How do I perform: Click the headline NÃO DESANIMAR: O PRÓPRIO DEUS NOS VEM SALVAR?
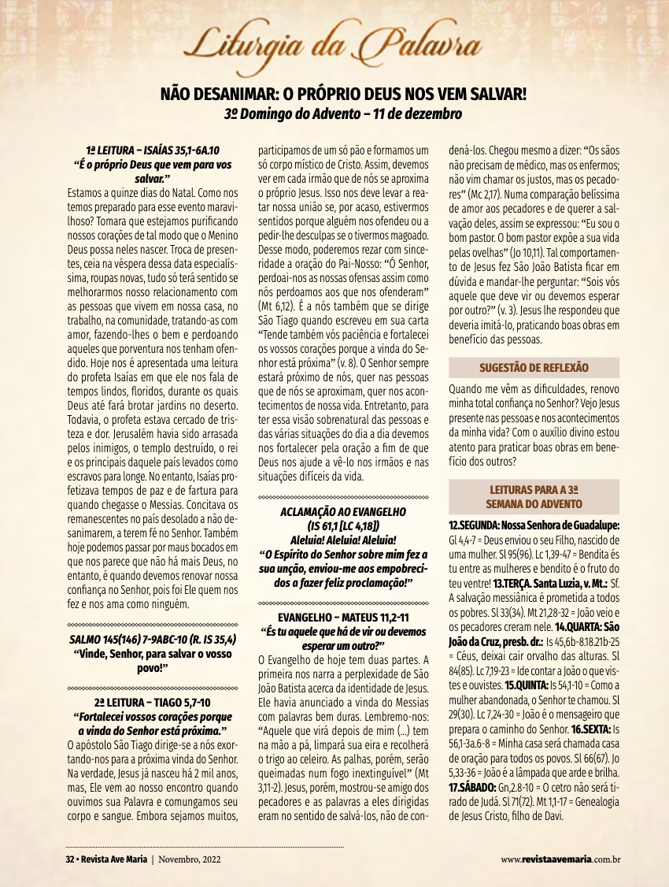[343, 95]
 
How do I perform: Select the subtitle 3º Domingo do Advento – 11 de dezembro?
[343, 113]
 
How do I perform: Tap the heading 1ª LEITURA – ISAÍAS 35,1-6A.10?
[153, 151]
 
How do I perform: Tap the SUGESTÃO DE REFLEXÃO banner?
[534, 368]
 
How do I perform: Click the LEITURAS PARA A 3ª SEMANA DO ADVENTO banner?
[534, 496]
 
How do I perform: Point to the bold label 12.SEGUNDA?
[477, 525]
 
